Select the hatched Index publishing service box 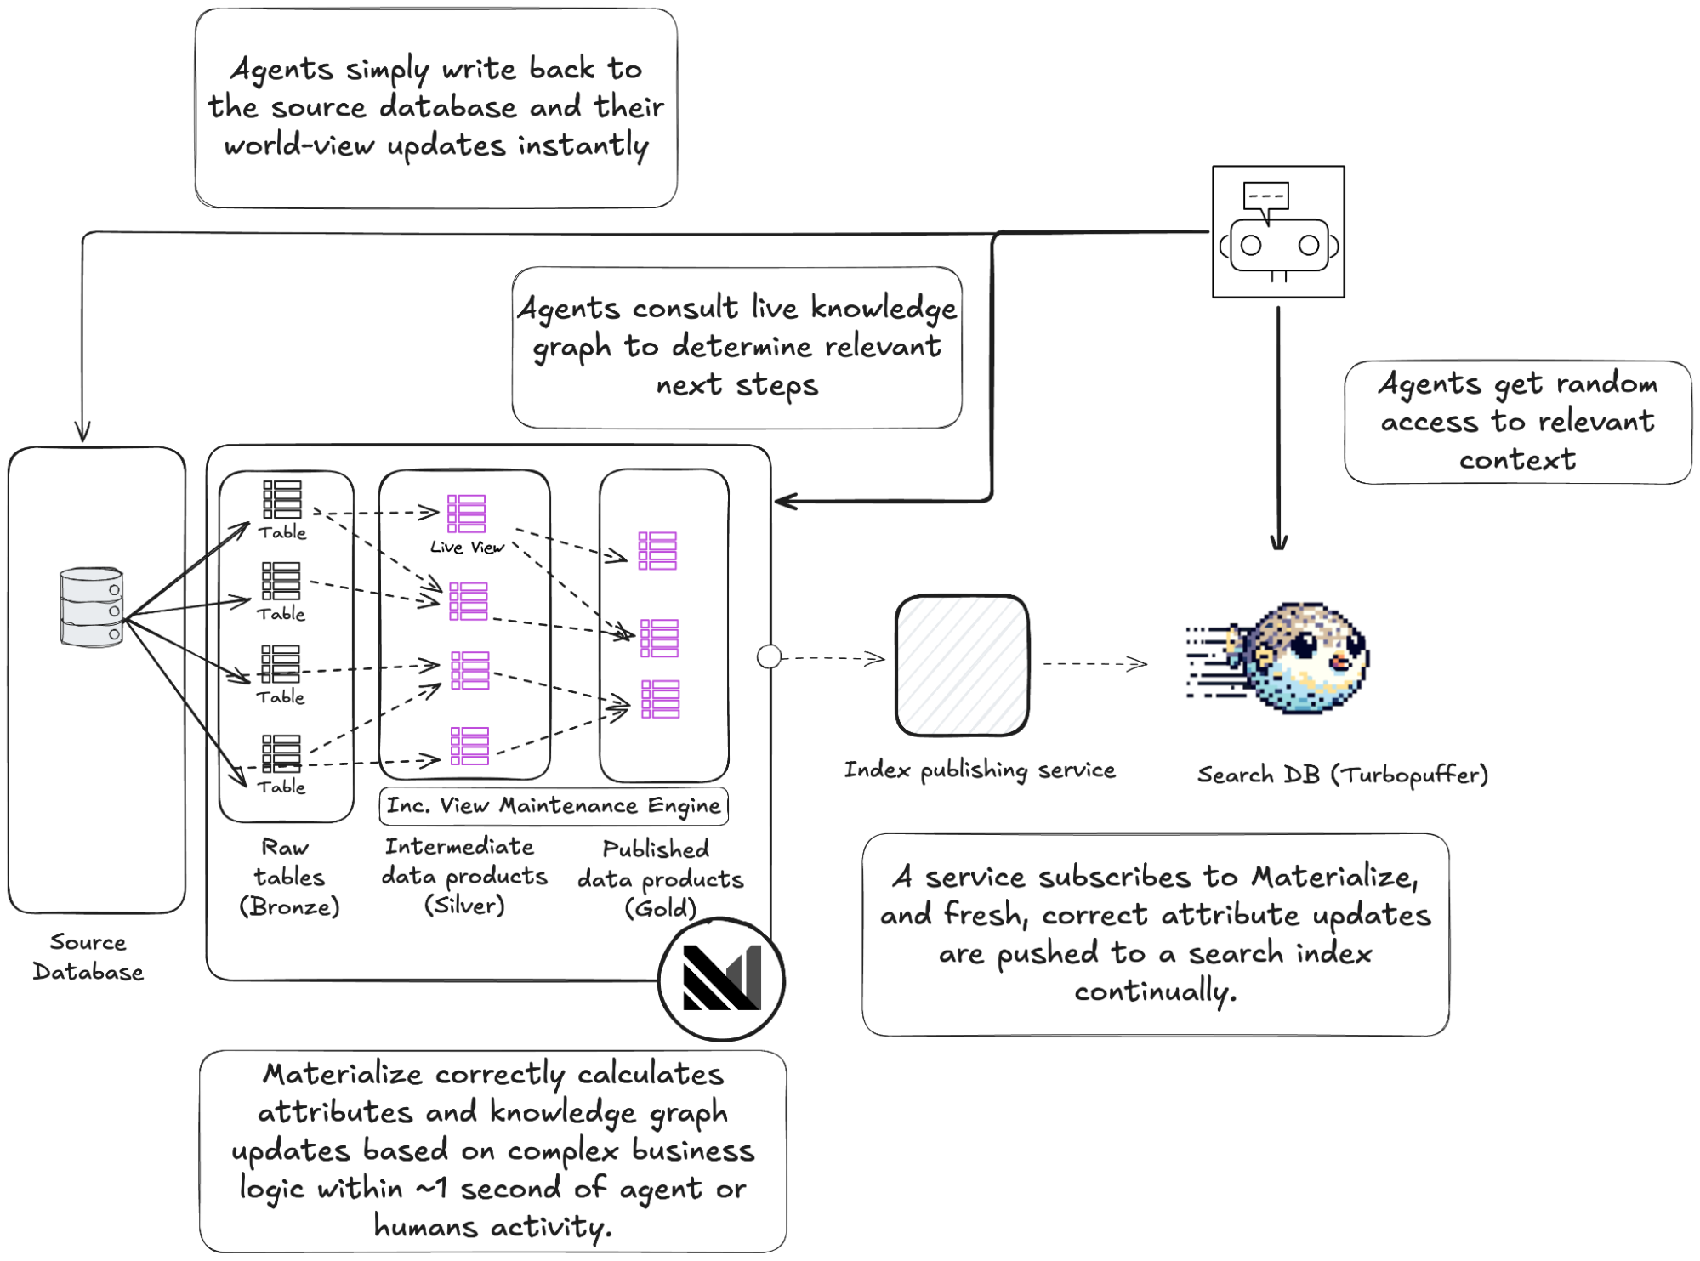tap(962, 665)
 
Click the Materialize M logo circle tap(721, 980)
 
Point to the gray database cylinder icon tap(91, 607)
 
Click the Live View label tap(467, 548)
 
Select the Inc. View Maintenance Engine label tap(554, 805)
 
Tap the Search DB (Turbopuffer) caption tap(1342, 775)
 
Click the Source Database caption tap(88, 957)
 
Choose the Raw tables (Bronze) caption tap(289, 877)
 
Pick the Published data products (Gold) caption tap(660, 878)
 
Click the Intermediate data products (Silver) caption tap(464, 876)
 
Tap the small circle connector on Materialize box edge tap(769, 656)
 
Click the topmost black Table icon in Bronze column tap(282, 499)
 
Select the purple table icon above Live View tap(466, 513)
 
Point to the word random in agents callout tap(1606, 383)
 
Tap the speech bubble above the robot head tap(1265, 196)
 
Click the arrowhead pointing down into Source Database tap(82, 430)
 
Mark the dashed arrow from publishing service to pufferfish tap(1095, 664)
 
